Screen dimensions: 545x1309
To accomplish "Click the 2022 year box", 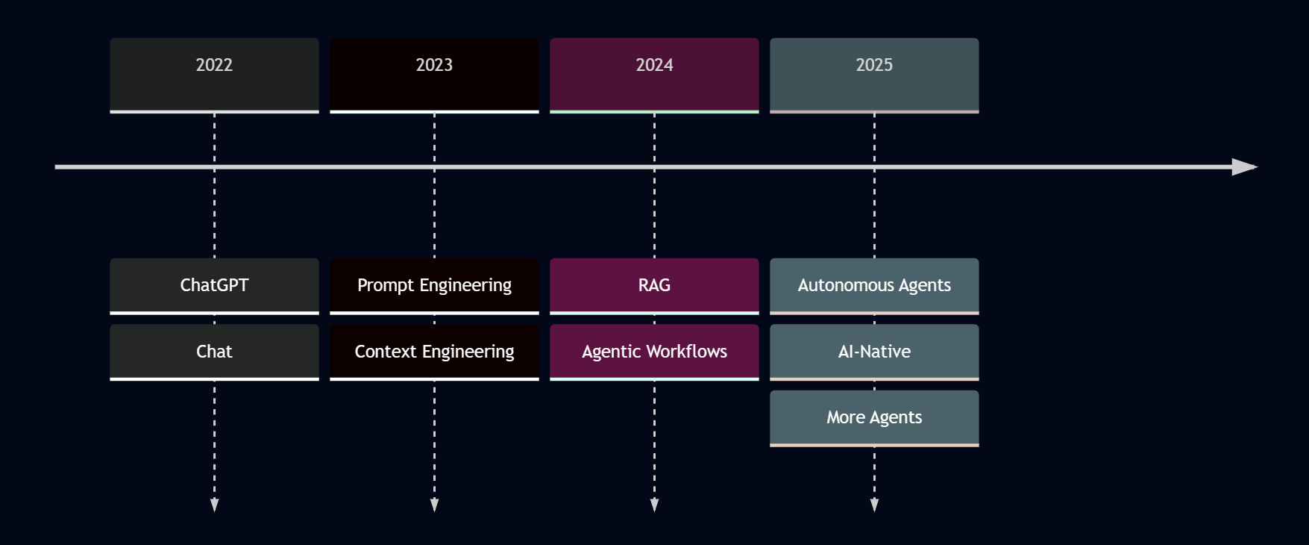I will (x=214, y=75).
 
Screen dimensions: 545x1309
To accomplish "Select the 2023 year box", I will (x=434, y=75).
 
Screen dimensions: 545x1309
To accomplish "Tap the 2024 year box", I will (x=654, y=75).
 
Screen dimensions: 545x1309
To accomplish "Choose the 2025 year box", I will (x=874, y=75).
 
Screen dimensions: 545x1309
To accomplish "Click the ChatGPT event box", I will (x=214, y=285).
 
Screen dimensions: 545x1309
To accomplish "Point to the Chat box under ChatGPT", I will (x=214, y=352).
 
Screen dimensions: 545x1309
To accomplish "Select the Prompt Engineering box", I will (x=434, y=285).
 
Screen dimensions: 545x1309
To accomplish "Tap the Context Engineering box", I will (x=434, y=352).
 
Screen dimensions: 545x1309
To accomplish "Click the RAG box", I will (x=654, y=285).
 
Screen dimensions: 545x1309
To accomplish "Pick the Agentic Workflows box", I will (x=654, y=352).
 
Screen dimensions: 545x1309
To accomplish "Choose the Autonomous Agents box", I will (x=874, y=285).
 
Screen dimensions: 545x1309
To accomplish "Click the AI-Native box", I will (x=874, y=352).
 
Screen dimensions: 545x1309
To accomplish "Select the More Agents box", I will (x=874, y=417).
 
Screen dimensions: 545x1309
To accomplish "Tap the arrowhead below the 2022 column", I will (x=214, y=505).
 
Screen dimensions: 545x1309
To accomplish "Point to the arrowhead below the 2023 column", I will (x=434, y=505).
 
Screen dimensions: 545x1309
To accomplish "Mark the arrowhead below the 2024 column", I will (x=654, y=505).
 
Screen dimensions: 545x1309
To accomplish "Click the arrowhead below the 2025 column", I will (x=874, y=505).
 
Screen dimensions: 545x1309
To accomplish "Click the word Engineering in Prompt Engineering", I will (x=465, y=286).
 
